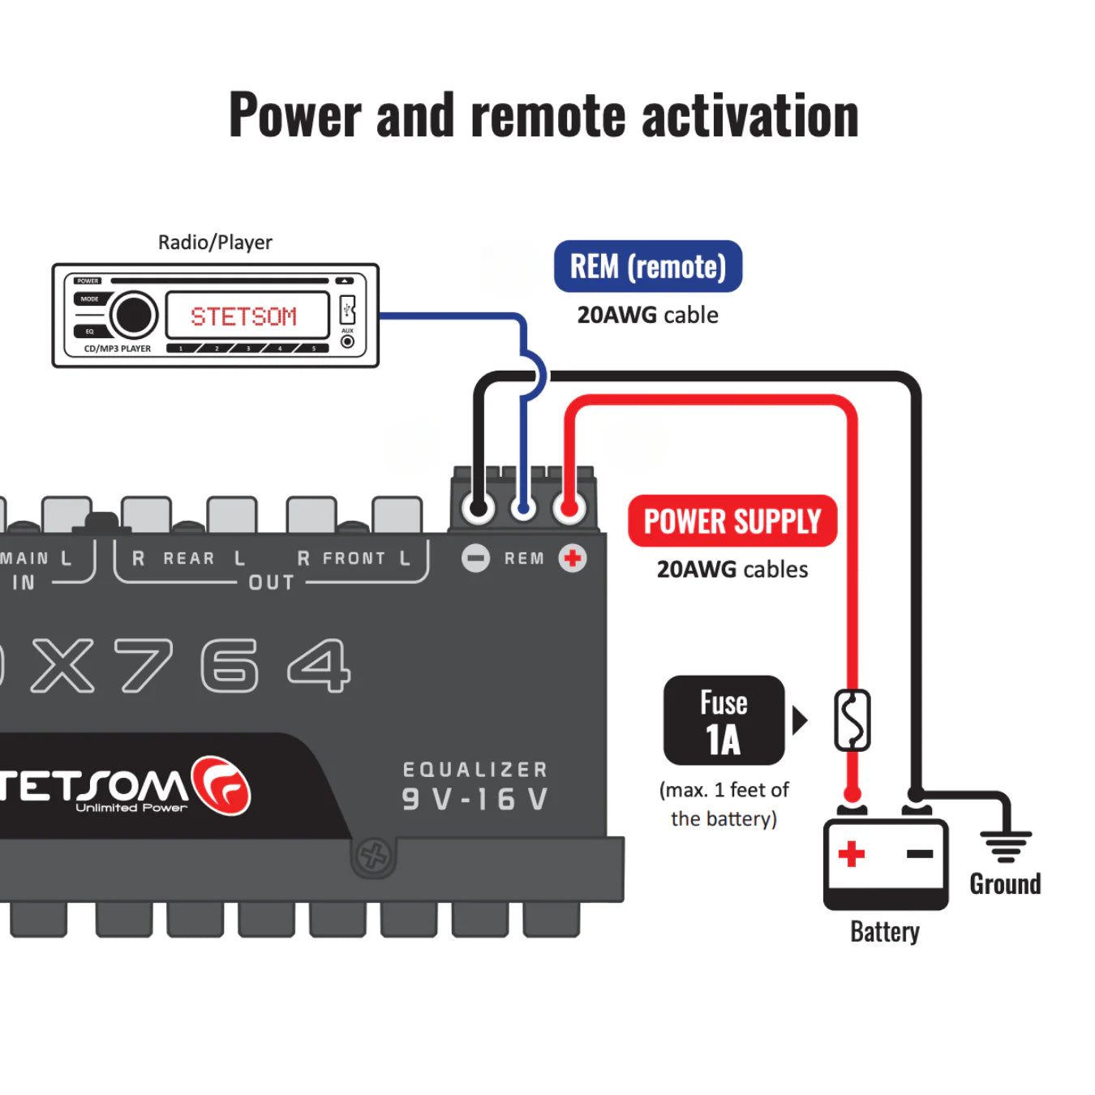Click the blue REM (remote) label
[x=647, y=266]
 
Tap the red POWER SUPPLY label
[x=732, y=521]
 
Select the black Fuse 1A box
[x=724, y=720]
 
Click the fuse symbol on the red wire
[x=852, y=720]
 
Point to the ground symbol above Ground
[x=1006, y=844]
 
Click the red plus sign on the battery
[x=852, y=853]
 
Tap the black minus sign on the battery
[x=920, y=853]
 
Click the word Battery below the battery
[x=884, y=932]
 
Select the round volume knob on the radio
[x=133, y=315]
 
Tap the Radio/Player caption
[x=215, y=243]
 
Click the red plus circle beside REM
[x=573, y=558]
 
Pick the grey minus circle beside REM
[x=476, y=558]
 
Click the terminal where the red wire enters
[x=569, y=509]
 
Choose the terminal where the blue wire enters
[x=524, y=509]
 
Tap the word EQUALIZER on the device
[x=475, y=770]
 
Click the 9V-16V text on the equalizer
[x=475, y=800]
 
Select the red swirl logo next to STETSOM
[x=221, y=785]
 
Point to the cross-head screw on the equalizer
[x=373, y=854]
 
